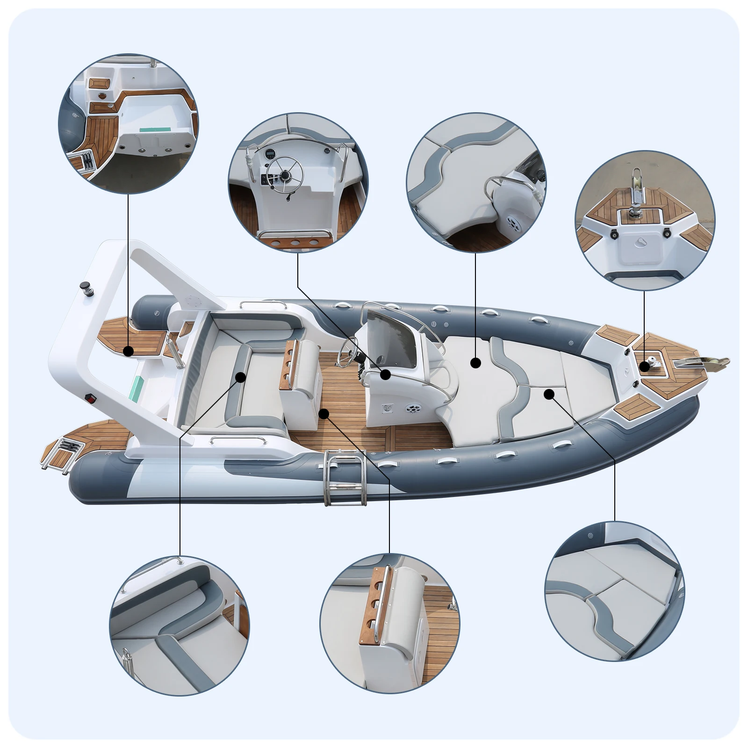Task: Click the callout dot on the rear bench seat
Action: point(241,376)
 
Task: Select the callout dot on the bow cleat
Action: point(645,366)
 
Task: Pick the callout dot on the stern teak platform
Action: point(128,351)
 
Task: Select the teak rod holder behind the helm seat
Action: point(289,364)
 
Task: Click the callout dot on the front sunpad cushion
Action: point(475,362)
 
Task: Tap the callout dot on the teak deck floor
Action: point(323,413)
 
